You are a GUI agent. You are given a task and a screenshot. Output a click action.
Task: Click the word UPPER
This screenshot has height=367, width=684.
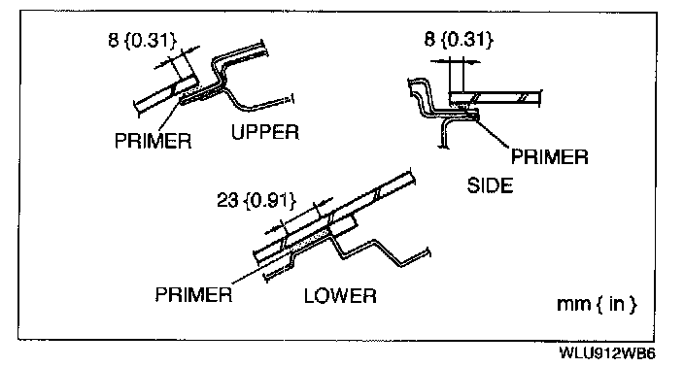coord(265,132)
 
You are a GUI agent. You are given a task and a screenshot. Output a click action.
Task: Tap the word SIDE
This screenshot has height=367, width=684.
coord(490,185)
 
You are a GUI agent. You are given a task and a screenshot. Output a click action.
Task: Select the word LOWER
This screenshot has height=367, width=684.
coord(340,296)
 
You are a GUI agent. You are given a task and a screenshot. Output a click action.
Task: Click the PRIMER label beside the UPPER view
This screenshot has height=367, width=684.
coord(153,141)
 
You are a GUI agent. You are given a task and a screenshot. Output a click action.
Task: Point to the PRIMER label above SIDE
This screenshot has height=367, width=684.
coord(549,157)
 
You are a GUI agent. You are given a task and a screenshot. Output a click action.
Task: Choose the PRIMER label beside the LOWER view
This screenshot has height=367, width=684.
coord(193,294)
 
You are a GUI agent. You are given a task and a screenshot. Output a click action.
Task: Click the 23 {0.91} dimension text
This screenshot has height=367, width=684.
coord(256,201)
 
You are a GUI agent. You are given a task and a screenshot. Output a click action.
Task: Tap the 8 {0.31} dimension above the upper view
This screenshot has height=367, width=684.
coord(142,41)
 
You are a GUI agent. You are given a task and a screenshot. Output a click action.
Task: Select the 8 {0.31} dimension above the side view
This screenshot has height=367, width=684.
coord(459,40)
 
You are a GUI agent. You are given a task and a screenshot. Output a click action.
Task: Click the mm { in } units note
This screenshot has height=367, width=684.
coord(597,304)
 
